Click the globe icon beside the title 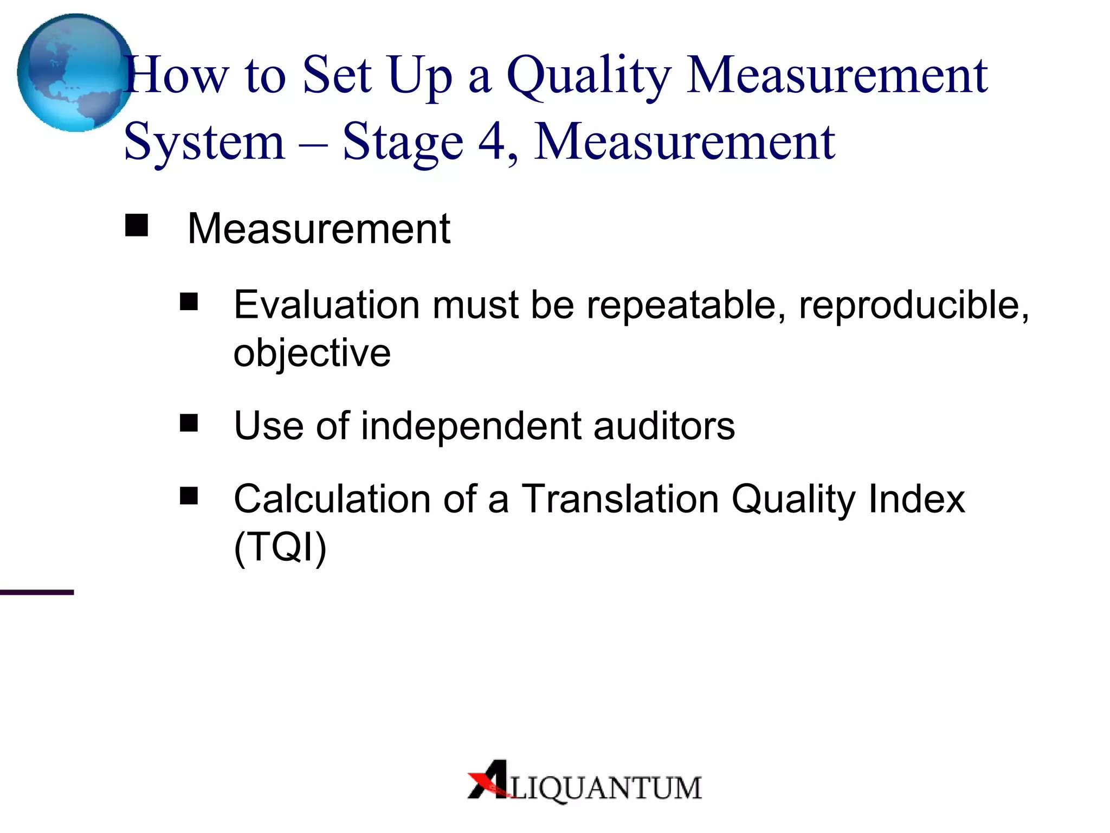click(x=75, y=73)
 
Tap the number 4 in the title click(x=492, y=142)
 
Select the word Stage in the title click(x=403, y=142)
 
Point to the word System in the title click(x=204, y=142)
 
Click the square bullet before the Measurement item click(x=137, y=226)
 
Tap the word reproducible click(x=914, y=305)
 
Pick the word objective click(x=312, y=353)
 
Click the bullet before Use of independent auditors click(x=189, y=423)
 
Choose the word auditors click(x=664, y=426)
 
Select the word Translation click(x=619, y=499)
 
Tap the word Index click(x=917, y=499)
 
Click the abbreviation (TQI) click(x=280, y=547)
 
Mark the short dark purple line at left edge click(x=37, y=592)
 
